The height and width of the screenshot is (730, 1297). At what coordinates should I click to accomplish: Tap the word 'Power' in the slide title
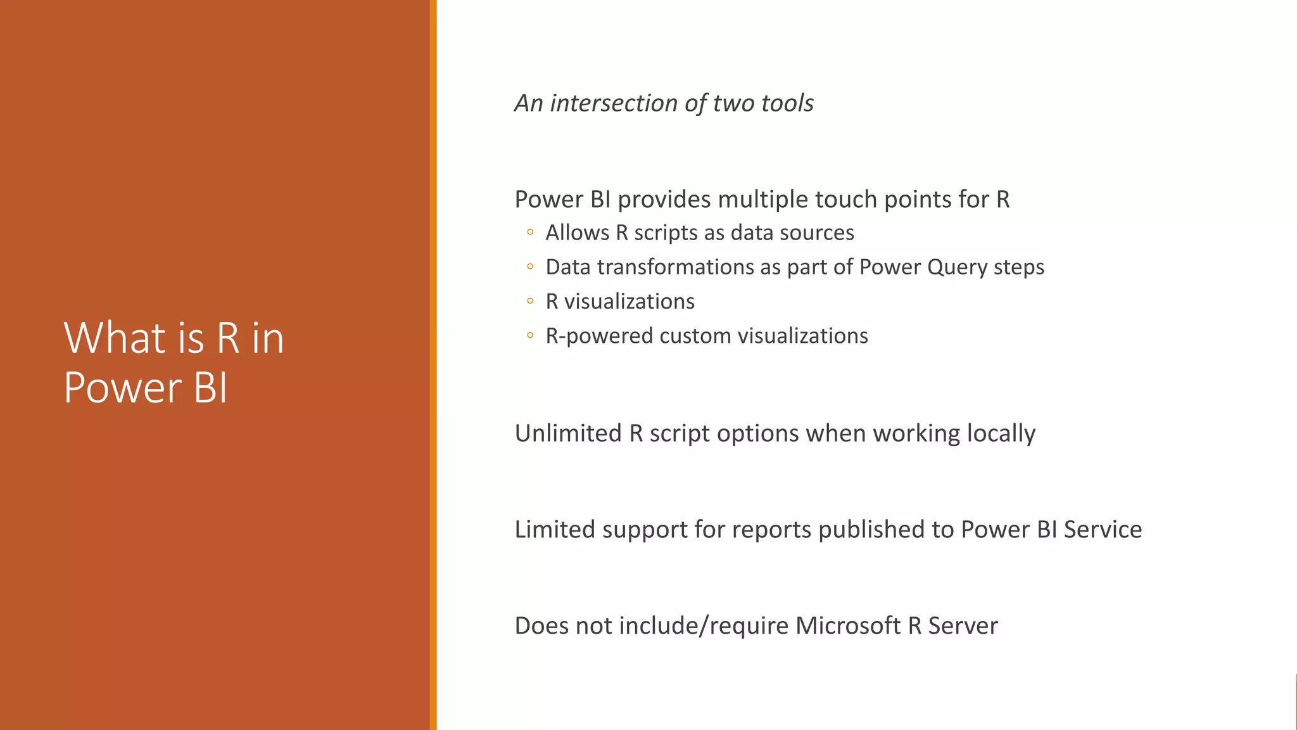pyautogui.click(x=122, y=388)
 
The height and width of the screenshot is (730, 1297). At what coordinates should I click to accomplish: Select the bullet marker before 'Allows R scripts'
pyautogui.click(x=530, y=233)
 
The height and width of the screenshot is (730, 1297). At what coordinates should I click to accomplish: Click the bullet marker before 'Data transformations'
pyautogui.click(x=530, y=267)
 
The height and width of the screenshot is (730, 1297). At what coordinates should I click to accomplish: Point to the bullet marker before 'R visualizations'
pyautogui.click(x=530, y=301)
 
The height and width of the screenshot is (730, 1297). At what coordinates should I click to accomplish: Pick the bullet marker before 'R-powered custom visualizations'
pyautogui.click(x=530, y=335)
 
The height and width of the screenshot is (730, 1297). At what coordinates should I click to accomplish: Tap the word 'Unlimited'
pyautogui.click(x=568, y=433)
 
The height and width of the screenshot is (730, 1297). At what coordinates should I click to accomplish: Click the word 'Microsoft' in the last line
pyautogui.click(x=847, y=626)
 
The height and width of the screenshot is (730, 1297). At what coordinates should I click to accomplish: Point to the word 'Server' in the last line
pyautogui.click(x=963, y=626)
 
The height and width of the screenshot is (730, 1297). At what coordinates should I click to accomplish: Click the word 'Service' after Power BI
pyautogui.click(x=1103, y=530)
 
